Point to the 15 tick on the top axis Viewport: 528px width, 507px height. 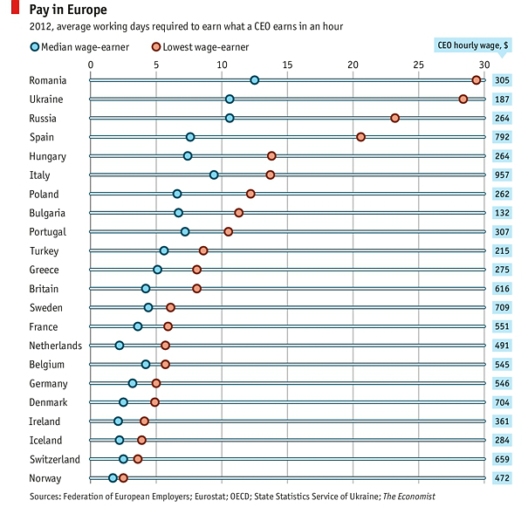(287, 65)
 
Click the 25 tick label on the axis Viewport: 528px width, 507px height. (418, 65)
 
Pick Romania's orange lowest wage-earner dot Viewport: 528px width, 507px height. (476, 80)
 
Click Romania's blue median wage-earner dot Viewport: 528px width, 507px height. (254, 80)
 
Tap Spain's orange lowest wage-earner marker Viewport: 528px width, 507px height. (360, 137)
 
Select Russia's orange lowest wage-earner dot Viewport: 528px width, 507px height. (394, 118)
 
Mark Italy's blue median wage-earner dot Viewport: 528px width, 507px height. (214, 175)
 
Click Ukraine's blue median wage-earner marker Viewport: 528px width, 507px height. (230, 99)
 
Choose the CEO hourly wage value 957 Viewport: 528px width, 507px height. (501, 175)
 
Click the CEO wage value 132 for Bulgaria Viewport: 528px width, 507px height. (501, 213)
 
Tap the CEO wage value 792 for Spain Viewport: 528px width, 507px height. (501, 137)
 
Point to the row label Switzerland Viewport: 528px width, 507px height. (54, 459)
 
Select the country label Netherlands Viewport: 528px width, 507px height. (54, 346)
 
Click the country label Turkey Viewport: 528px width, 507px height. (44, 250)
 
